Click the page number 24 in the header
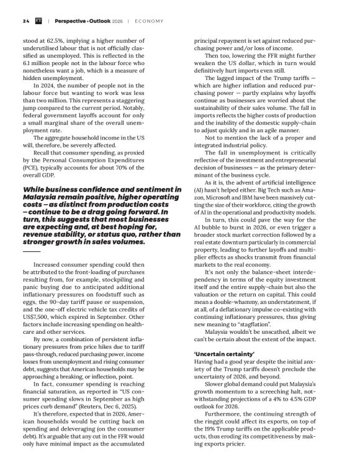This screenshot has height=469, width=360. click(x=25, y=21)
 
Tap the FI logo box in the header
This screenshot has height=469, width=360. click(x=38, y=21)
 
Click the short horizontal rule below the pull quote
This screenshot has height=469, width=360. click(x=31, y=251)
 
